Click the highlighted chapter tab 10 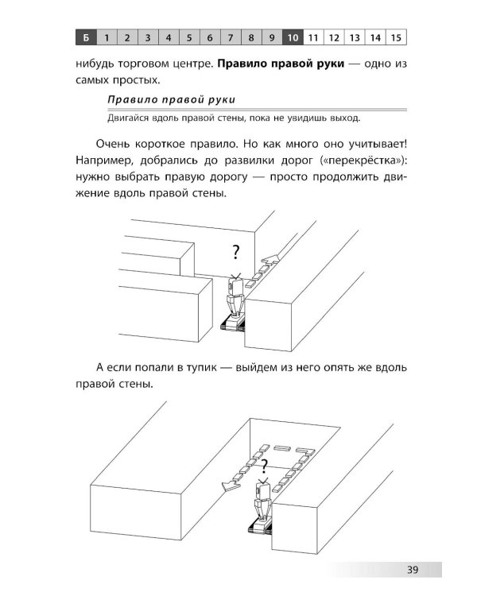click(293, 37)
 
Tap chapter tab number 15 click(396, 37)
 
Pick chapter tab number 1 click(106, 37)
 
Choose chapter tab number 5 click(189, 37)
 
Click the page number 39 click(412, 569)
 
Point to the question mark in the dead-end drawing click(264, 466)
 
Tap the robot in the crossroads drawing click(236, 304)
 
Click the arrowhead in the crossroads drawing click(272, 259)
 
